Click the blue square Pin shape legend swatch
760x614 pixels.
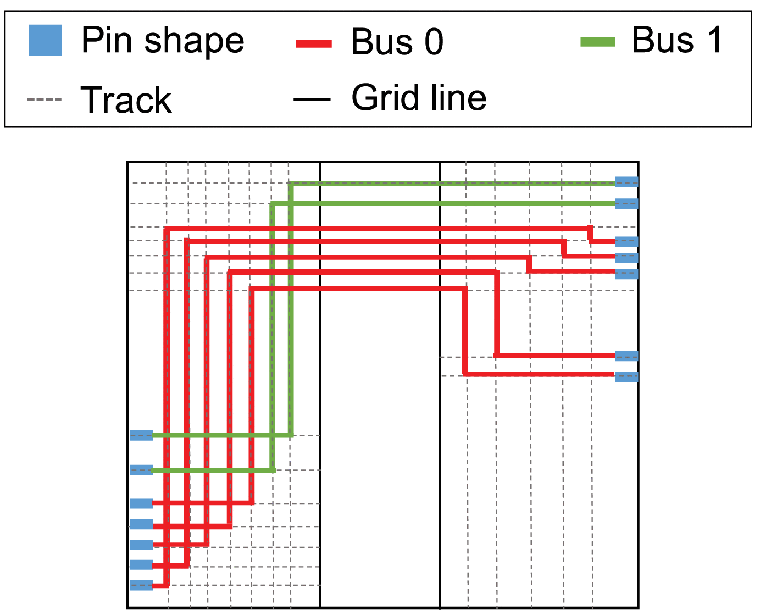pos(45,40)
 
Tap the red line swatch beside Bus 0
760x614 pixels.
pos(314,43)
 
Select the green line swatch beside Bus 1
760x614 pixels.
pos(598,42)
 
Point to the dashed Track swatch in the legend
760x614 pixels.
pos(44,99)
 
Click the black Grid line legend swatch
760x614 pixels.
pos(312,99)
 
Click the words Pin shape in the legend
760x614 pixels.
pos(163,40)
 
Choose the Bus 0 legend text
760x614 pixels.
pos(397,42)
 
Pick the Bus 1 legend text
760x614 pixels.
pos(677,40)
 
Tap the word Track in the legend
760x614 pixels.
pos(126,99)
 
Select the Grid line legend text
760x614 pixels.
pos(419,98)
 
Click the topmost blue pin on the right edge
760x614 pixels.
pos(626,182)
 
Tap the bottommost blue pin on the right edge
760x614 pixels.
pos(626,377)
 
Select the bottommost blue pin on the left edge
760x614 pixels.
pos(141,585)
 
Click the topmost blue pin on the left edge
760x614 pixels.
pos(141,436)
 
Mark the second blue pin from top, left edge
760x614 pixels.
pos(141,470)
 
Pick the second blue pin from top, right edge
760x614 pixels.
pos(626,204)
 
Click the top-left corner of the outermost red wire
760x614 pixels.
pos(167,229)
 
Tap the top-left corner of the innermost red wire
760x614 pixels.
pos(252,289)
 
